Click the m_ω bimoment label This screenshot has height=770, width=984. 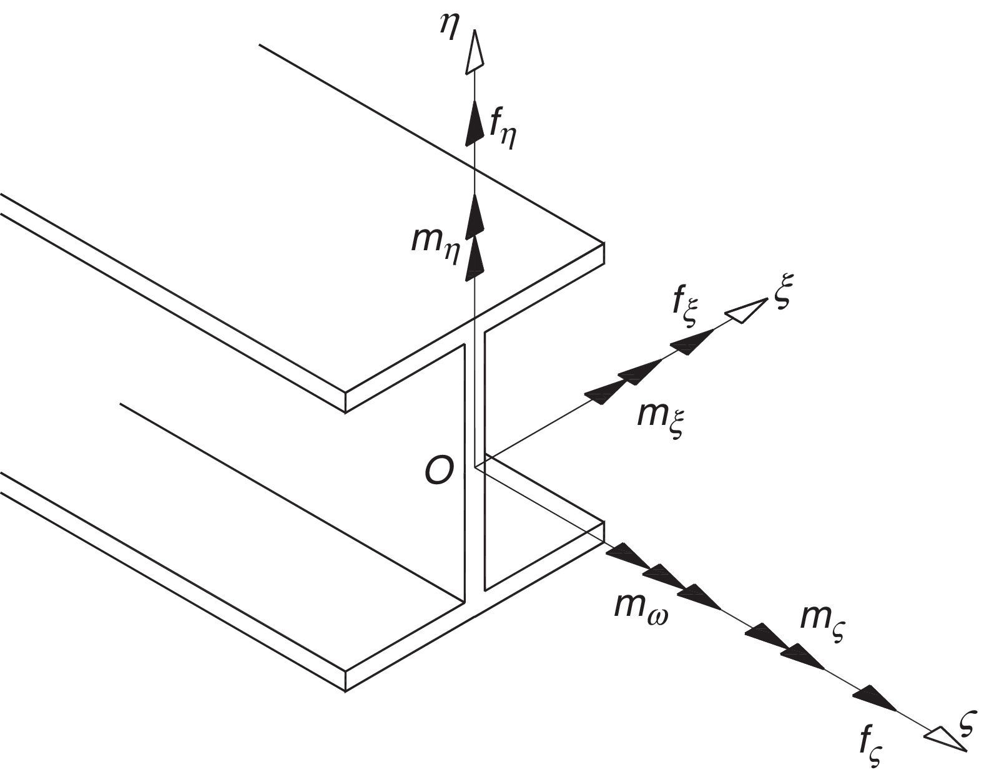point(637,607)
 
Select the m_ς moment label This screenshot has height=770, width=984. point(822,618)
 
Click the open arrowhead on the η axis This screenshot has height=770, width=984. point(475,52)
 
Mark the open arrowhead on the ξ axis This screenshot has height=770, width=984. point(747,311)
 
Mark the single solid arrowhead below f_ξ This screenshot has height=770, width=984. point(693,340)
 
